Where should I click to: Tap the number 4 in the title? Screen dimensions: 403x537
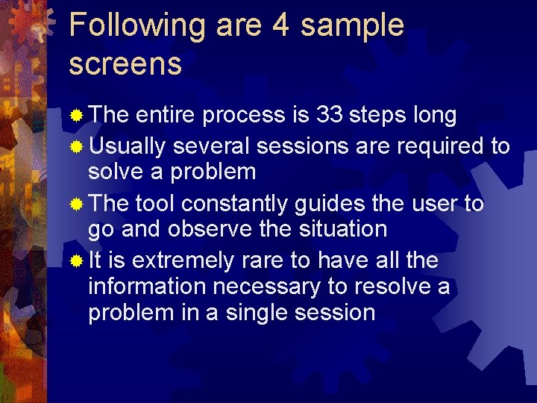pyautogui.click(x=280, y=25)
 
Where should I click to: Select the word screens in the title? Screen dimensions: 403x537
pyautogui.click(x=125, y=64)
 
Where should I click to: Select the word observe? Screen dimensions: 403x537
pyautogui.click(x=211, y=229)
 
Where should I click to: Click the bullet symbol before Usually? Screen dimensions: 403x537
pyautogui.click(x=75, y=146)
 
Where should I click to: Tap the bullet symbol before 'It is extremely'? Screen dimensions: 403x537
pyautogui.click(x=75, y=261)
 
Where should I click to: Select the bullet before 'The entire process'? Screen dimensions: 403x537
pyautogui.click(x=75, y=116)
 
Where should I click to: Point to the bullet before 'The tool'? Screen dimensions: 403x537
pyautogui.click(x=75, y=204)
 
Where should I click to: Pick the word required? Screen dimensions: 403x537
pyautogui.click(x=442, y=146)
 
